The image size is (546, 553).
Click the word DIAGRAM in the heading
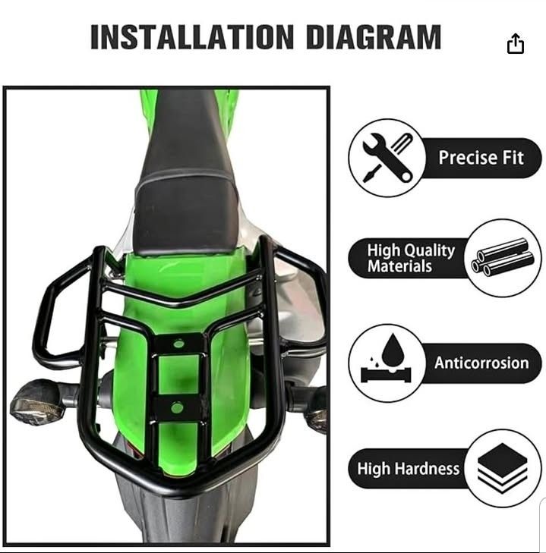point(374,36)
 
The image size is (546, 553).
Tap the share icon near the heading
point(516,43)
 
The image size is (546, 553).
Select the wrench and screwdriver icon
point(387,157)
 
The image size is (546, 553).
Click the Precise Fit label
point(481,157)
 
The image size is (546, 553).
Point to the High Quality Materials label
point(411,258)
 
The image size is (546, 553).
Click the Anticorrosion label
point(481,363)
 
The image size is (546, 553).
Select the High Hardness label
point(409,469)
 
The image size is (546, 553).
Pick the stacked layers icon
point(503,469)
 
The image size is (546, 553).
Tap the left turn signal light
point(38,401)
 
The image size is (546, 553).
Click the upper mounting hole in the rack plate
point(178,344)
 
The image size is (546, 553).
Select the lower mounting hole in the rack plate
point(177,408)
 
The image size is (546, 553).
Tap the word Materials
point(399,266)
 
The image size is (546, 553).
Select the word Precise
point(468,157)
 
